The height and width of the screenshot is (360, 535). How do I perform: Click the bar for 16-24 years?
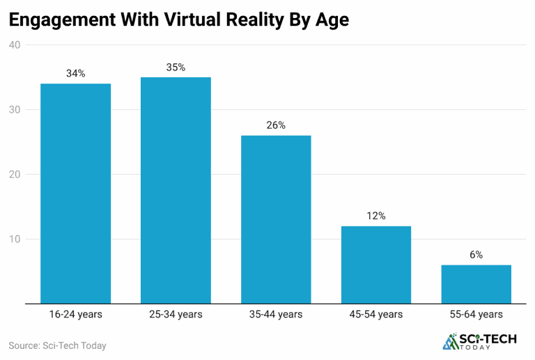76,194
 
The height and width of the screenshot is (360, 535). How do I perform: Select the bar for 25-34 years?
176,190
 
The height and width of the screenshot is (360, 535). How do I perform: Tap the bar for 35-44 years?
276,219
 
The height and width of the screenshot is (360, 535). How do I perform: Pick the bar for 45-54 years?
376,265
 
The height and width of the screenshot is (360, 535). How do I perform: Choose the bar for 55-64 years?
476,284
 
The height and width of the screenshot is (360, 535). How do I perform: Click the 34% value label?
76,73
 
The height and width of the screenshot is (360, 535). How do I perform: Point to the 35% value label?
176,67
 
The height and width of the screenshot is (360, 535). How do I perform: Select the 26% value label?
276,125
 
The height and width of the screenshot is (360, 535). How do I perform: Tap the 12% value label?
376,216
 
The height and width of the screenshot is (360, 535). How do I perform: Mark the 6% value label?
476,255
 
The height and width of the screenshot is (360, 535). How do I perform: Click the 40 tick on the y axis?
15,45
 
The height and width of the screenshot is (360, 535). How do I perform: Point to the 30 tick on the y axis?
15,110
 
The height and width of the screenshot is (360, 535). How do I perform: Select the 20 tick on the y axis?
15,175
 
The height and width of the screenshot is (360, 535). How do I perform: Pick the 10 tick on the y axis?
15,240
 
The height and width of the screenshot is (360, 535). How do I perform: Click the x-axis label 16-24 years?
76,315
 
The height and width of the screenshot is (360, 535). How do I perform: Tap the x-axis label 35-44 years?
276,315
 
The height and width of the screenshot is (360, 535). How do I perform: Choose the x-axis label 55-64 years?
476,315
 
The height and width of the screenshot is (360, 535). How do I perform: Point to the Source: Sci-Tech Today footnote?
57,345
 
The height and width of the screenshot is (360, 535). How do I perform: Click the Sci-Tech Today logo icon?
451,341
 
